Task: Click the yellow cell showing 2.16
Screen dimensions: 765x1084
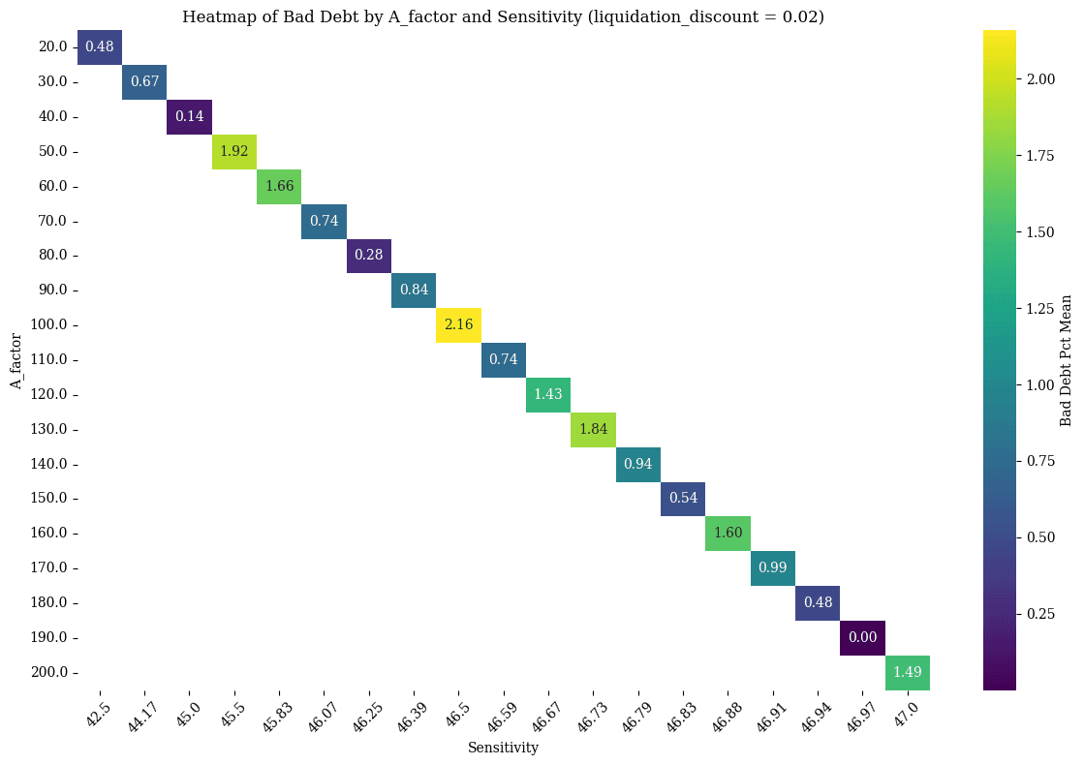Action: tap(458, 324)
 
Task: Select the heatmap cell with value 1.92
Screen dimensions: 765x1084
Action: tap(234, 151)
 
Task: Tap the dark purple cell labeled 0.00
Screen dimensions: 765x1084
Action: tap(862, 637)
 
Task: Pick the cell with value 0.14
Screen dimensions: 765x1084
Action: tap(189, 116)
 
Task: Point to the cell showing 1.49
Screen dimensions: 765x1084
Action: tap(908, 672)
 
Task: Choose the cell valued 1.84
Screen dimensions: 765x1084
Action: tap(593, 429)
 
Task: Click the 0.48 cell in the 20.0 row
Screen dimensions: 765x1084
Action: tap(100, 46)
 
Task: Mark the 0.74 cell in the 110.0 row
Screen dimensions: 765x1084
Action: tap(504, 359)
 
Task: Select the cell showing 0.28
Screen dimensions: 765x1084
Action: tap(369, 255)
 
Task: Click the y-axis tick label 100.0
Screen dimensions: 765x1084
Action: tap(47, 324)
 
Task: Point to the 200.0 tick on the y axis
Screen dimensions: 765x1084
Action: tap(47, 672)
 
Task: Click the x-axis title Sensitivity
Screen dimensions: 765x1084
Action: tap(503, 748)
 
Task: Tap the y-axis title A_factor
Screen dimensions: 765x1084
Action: tap(16, 359)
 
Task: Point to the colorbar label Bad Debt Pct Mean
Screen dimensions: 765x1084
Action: tap(1066, 359)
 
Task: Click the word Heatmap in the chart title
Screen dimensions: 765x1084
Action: tap(211, 16)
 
